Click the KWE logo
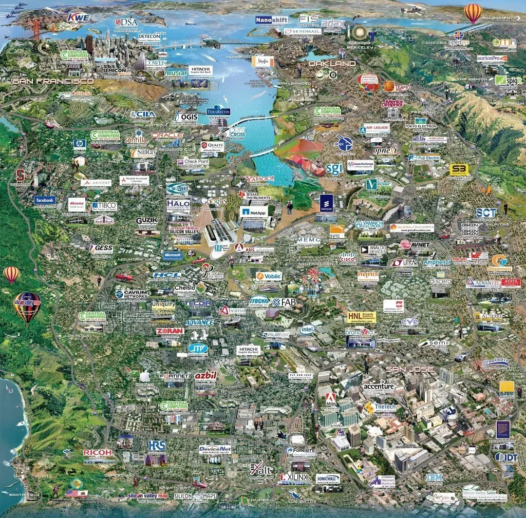[79, 18]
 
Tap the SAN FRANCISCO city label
[53, 81]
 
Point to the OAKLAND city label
[332, 64]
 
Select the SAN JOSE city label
[410, 369]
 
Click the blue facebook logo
[45, 200]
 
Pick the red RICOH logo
[98, 452]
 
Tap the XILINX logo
[294, 477]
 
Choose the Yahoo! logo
[260, 179]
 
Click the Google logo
[213, 201]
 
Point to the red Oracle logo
[167, 135]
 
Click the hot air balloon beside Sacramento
[473, 12]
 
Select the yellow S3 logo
[459, 169]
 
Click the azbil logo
[205, 376]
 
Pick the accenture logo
[379, 386]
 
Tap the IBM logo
[434, 477]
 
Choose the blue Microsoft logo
[173, 255]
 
